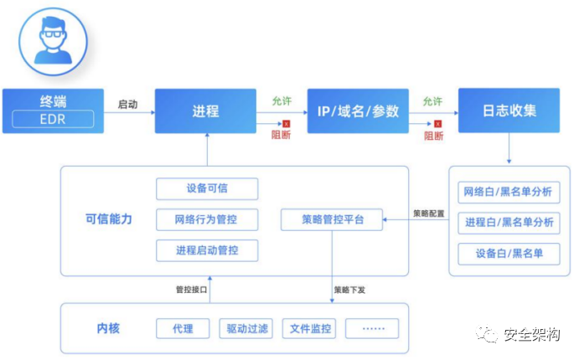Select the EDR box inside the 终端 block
[x=53, y=119]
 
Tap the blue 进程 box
[x=205, y=111]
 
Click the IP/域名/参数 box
[x=358, y=111]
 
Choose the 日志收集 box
[x=509, y=111]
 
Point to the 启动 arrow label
[x=128, y=104]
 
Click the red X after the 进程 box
[x=286, y=124]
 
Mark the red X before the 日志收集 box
[x=437, y=124]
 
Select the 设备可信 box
[x=207, y=188]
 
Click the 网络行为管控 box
[x=207, y=220]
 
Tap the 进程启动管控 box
[x=207, y=250]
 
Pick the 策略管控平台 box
[x=331, y=220]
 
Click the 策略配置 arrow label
[x=428, y=213]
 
